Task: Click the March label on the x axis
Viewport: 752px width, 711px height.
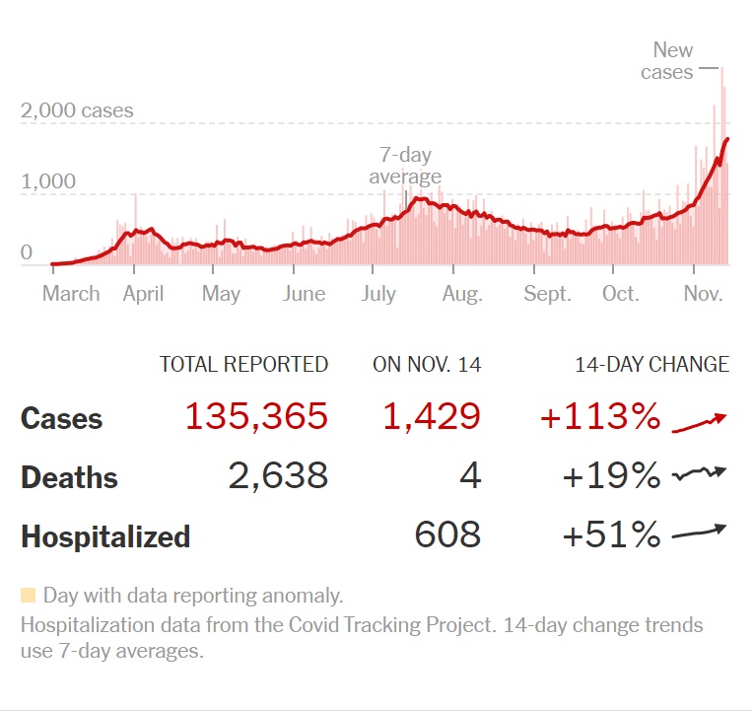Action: coord(71,293)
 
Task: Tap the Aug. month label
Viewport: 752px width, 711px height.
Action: coord(462,293)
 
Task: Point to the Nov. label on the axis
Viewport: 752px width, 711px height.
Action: coord(704,293)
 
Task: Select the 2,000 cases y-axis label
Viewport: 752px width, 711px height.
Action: coord(77,110)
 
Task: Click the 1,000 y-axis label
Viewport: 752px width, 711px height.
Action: coord(48,180)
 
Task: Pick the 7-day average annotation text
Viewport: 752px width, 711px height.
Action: coord(405,166)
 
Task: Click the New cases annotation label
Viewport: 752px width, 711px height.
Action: coord(669,60)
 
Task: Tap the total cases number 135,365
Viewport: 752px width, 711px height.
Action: coord(256,417)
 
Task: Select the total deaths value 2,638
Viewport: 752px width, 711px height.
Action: coord(278,476)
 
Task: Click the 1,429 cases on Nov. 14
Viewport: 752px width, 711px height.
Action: coord(433,417)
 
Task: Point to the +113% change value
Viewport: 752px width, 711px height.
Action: coord(599,417)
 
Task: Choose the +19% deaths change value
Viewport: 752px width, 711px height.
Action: coord(611,476)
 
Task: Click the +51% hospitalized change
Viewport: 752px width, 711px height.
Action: coord(611,535)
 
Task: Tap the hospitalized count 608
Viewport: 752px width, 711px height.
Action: coord(447,535)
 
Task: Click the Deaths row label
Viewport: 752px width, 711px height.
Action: coord(69,478)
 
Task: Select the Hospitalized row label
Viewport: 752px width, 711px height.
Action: coord(105,537)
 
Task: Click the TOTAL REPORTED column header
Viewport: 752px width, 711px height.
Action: coord(243,364)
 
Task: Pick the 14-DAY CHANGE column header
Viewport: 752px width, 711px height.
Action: coord(651,364)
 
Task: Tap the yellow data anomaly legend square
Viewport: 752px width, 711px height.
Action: coord(28,595)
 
